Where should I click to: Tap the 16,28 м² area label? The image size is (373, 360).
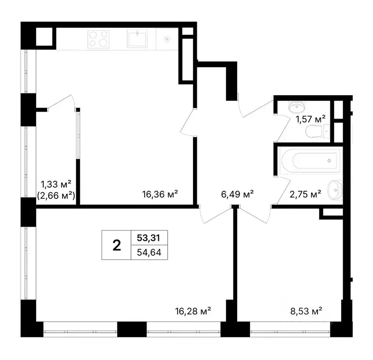193,310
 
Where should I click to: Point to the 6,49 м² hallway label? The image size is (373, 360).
237,193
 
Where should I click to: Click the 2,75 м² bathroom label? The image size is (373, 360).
305,193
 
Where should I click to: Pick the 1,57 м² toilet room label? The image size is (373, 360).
311,119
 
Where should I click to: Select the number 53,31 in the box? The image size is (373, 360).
148,237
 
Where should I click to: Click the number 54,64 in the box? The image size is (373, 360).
148,252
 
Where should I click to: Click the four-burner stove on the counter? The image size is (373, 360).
98,38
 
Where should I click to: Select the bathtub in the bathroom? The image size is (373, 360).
308,161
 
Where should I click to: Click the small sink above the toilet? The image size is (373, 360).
295,107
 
